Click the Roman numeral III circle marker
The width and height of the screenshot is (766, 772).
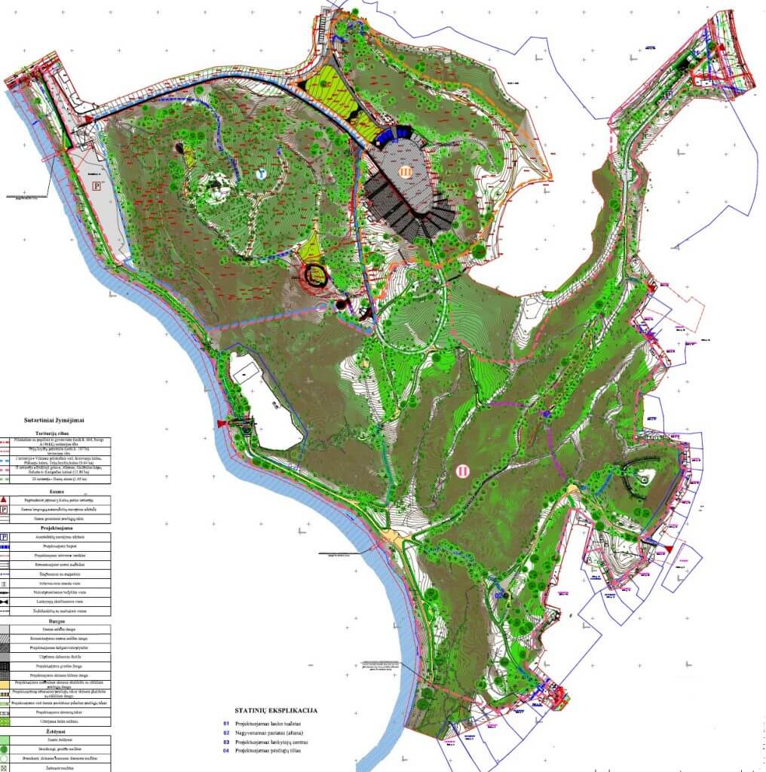(x=406, y=172)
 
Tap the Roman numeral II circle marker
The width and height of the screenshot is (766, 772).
(x=463, y=471)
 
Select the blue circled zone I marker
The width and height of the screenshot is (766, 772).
(x=261, y=173)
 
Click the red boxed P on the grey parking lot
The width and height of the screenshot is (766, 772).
(x=96, y=184)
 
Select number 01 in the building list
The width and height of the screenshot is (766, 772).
(x=225, y=723)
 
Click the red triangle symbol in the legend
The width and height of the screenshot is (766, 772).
(x=5, y=501)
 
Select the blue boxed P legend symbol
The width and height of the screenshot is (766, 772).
(x=5, y=537)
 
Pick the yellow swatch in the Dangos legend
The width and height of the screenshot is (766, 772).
(x=5, y=683)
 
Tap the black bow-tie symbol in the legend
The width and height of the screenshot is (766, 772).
(x=5, y=602)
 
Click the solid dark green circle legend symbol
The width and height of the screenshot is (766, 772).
(x=5, y=749)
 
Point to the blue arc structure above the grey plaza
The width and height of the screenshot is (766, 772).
(x=389, y=135)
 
